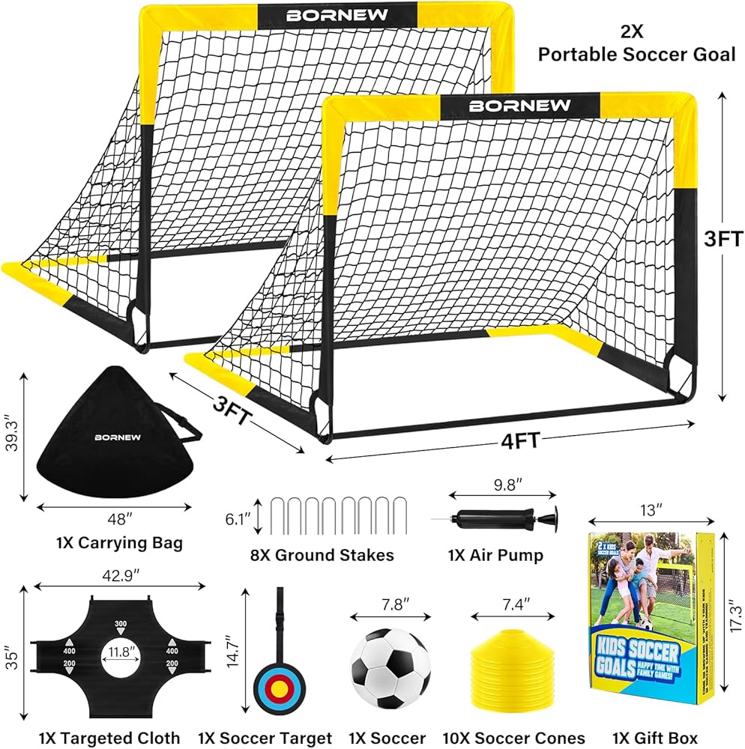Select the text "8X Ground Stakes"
pos(322,555)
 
